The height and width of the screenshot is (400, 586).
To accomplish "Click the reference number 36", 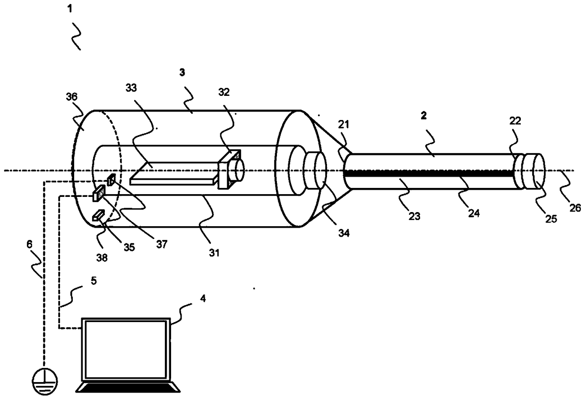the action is click(x=72, y=97).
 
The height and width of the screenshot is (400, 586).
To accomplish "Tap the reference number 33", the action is click(x=131, y=88).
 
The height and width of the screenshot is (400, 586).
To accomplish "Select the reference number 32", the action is click(x=224, y=92).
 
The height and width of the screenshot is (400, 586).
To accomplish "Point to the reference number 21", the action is click(x=344, y=125).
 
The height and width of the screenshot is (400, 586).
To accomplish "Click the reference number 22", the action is click(x=515, y=120).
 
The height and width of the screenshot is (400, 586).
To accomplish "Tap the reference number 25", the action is click(x=551, y=219).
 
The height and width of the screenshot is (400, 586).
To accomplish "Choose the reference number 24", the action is click(x=474, y=213).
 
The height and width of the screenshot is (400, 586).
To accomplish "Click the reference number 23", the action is click(x=414, y=216).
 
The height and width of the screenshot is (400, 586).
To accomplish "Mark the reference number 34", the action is click(x=344, y=233).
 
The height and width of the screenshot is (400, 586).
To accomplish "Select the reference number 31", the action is click(x=214, y=253).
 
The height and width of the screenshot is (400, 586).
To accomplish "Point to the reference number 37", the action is click(x=162, y=244).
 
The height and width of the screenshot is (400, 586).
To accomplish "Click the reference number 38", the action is click(x=102, y=258).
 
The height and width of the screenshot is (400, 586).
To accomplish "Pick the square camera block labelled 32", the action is click(x=229, y=169).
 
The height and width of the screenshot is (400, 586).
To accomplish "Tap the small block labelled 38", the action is click(x=98, y=215).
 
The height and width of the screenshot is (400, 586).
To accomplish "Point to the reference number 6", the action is click(x=29, y=244).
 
